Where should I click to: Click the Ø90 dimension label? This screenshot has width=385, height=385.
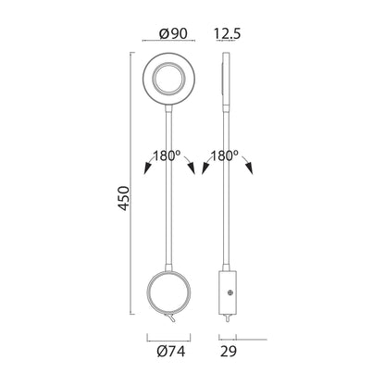pos(173,33)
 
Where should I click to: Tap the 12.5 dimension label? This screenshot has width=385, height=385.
pos(227,33)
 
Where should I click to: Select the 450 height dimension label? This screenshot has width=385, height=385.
pos(124,198)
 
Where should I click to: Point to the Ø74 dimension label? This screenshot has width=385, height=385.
pos(171,352)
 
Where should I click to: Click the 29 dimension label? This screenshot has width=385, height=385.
pos(229,352)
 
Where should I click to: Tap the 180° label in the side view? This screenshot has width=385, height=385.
pos(224,155)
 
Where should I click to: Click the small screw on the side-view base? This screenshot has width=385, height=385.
pos(230,293)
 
